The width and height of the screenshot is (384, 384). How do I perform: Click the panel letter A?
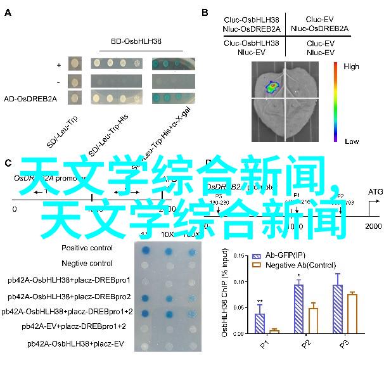(8, 12)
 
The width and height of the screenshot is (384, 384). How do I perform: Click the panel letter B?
(205, 12)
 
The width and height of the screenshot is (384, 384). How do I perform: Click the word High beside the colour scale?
(351, 67)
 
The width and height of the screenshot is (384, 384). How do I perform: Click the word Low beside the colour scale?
(350, 141)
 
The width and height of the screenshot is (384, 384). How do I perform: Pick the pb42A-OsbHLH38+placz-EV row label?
(75, 343)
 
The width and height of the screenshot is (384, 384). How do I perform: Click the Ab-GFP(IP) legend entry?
(275, 256)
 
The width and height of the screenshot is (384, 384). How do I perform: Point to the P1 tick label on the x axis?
(264, 343)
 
